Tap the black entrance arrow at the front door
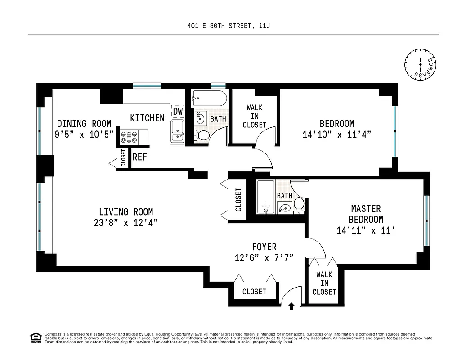coord(291,306)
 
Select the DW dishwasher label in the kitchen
coord(178,112)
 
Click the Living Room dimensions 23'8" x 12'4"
coord(125,223)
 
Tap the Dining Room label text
coord(84,124)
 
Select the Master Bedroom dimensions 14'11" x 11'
coord(366,231)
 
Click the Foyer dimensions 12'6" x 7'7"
coord(264,258)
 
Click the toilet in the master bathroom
coord(299,205)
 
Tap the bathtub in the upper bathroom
coord(210,98)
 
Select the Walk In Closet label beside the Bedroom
coord(255,117)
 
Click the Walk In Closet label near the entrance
coord(324,283)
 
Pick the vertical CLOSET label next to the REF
coord(124,159)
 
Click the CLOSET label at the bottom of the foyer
coord(254,292)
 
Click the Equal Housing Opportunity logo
coord(35,337)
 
